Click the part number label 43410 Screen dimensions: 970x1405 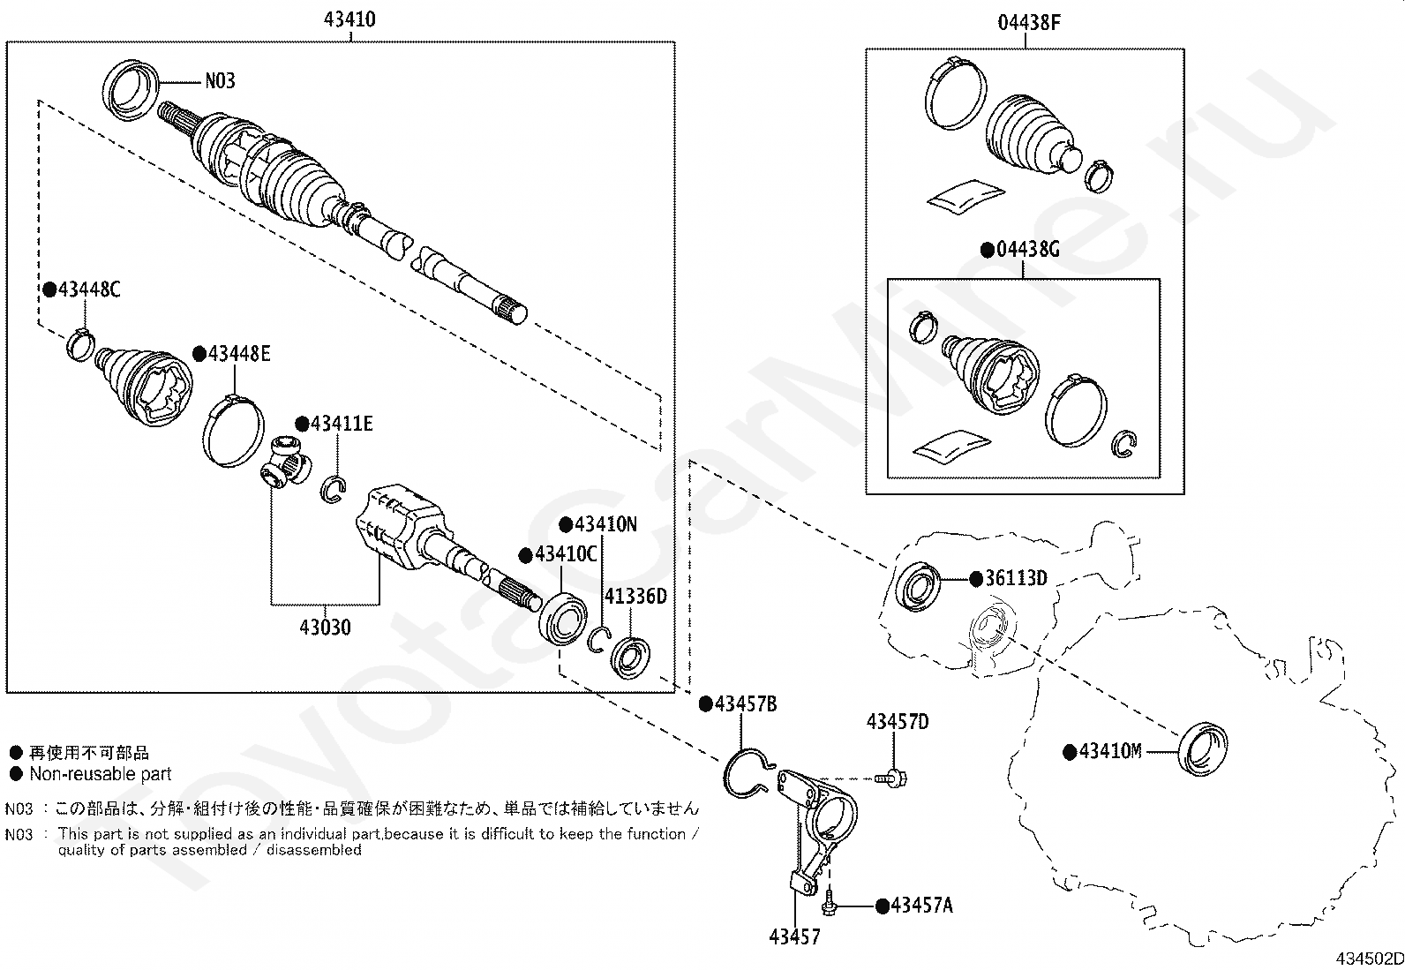[350, 19]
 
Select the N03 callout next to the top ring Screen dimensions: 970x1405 [220, 81]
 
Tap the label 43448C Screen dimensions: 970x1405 [87, 289]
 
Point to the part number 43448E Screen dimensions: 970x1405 [238, 354]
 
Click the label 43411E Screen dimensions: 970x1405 [339, 425]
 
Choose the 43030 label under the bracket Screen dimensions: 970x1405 [325, 628]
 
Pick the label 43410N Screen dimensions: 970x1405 [605, 524]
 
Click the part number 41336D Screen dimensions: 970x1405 [635, 597]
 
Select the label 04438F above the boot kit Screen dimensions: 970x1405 [1028, 23]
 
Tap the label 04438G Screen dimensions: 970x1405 [1027, 250]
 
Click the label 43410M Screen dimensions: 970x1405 [1110, 752]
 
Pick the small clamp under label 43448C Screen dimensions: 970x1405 [80, 342]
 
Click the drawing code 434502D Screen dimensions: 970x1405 [1368, 959]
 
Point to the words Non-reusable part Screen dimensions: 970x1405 [101, 774]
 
